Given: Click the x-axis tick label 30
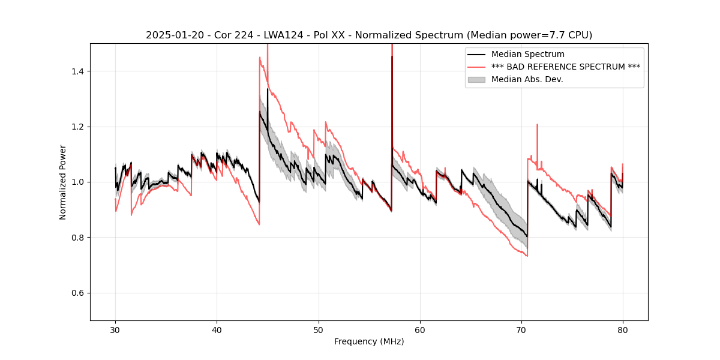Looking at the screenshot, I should coord(116,329).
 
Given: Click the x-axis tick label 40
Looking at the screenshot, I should coord(217,329).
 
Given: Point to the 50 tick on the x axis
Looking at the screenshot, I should coord(319,329).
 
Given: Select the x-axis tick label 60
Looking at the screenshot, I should coord(420,329).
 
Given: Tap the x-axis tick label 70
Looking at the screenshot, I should coord(521,329).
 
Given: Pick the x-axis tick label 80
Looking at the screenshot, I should coord(623,329).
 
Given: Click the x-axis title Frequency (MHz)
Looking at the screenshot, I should coord(369,341).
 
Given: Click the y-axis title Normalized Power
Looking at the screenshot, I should coord(63,182).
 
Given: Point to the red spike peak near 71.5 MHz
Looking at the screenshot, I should coord(537,125).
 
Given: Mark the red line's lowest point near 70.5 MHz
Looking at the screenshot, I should coord(527,256).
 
